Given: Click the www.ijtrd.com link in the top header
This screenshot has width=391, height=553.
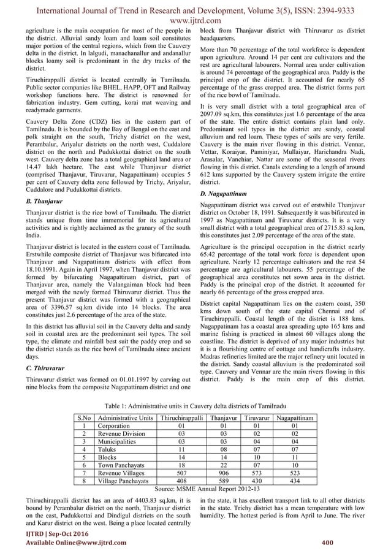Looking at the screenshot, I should point(195,18).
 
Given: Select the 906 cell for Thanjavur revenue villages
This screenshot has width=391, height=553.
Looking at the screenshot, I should point(222,473).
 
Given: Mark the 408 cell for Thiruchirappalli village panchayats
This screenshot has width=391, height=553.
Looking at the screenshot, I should point(180,481).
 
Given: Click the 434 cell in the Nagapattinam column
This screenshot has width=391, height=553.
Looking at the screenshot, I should point(295,481).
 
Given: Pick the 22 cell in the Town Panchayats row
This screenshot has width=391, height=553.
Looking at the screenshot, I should point(222,464).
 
